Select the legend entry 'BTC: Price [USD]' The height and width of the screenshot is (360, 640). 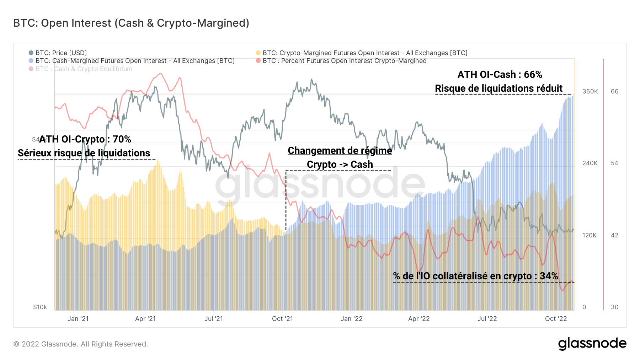(x=61, y=53)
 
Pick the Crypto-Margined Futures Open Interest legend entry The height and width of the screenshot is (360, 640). (x=365, y=53)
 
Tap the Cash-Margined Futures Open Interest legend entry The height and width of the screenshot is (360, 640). (x=135, y=61)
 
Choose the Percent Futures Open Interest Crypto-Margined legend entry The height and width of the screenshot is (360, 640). (x=344, y=61)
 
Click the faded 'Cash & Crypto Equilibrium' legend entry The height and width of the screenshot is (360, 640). (x=84, y=69)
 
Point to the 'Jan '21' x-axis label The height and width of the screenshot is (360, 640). (x=78, y=319)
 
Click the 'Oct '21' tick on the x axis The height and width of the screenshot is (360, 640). (x=282, y=319)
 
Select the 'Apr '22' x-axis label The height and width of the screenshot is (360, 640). (x=419, y=319)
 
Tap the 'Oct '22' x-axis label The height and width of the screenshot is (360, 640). (x=556, y=319)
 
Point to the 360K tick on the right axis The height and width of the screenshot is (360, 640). (x=590, y=91)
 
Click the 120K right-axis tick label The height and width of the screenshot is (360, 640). (x=590, y=235)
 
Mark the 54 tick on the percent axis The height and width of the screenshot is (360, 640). (x=614, y=163)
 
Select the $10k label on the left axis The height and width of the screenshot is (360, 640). (x=40, y=307)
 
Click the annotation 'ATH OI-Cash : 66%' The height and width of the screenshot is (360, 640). (x=500, y=75)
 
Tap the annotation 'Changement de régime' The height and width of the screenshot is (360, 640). (x=340, y=151)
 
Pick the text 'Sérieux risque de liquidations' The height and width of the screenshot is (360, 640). (x=84, y=153)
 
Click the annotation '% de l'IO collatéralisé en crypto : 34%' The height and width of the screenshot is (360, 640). (x=475, y=276)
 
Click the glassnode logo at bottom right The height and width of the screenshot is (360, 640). (x=592, y=344)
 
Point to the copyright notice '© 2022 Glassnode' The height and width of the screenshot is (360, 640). (x=81, y=344)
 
